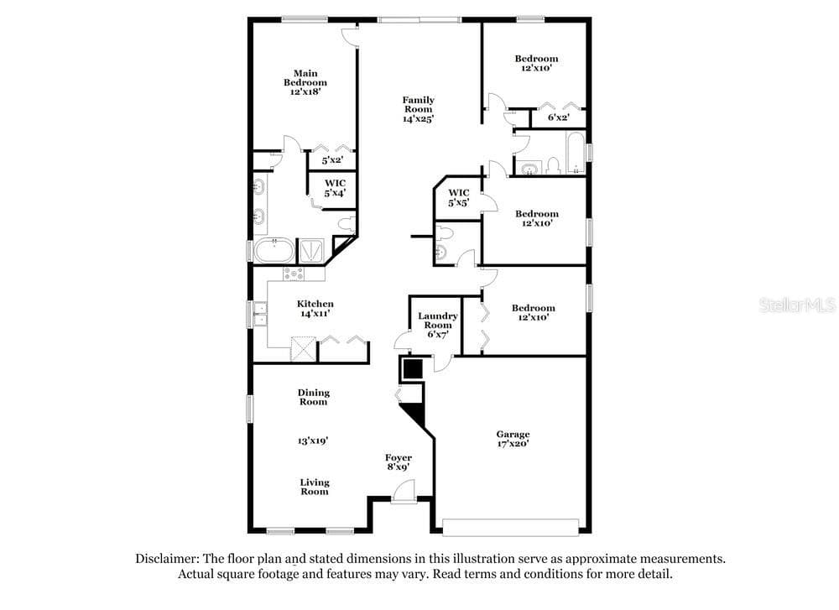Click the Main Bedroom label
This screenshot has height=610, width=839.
(305, 77)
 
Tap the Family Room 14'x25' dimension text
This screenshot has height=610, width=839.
(418, 119)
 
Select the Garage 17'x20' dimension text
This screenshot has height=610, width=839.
(513, 444)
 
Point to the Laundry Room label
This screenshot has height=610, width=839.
(438, 321)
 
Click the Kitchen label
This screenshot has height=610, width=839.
(315, 304)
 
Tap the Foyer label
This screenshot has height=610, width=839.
(399, 457)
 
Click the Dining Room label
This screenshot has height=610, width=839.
(314, 397)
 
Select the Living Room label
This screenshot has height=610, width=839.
(315, 487)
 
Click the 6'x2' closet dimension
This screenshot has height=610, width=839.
(558, 117)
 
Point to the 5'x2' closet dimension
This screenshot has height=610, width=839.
(331, 160)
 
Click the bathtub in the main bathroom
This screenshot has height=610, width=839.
(274, 250)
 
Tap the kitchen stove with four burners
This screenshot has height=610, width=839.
(294, 274)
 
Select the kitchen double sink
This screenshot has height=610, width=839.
(260, 314)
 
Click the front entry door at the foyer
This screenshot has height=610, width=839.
(403, 493)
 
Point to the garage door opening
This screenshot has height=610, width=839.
(510, 527)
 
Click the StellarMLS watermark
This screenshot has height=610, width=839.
(797, 305)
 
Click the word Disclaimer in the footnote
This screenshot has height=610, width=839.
(167, 559)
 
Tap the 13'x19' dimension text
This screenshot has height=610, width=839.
(313, 441)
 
